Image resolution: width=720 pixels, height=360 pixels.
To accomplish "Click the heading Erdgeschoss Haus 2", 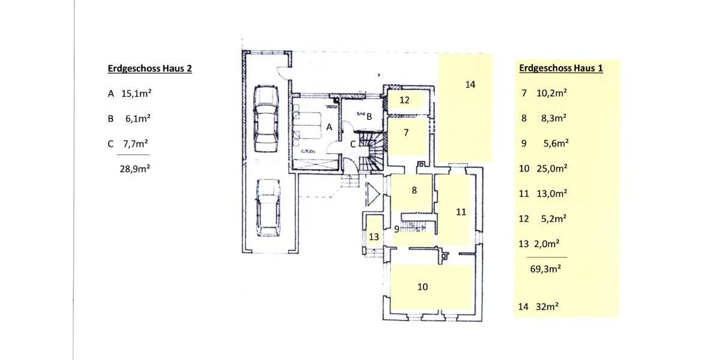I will point(149,68).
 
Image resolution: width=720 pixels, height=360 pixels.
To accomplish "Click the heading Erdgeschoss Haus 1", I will point(560,68).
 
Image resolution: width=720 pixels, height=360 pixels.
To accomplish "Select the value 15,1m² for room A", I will point(134,94).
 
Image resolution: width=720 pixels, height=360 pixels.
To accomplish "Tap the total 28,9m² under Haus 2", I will point(134,169).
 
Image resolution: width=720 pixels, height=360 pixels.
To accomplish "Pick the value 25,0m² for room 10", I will point(551,169).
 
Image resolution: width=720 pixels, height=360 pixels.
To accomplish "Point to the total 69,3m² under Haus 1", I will point(545,269).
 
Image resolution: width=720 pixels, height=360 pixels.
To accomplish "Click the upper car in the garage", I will point(265,119).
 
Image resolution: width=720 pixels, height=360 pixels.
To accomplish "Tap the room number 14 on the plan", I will point(470,85).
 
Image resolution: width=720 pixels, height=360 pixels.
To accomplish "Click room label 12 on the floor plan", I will point(404,100).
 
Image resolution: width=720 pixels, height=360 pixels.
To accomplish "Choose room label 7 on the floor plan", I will point(406,133).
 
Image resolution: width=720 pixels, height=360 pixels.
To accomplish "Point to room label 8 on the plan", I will point(414,190).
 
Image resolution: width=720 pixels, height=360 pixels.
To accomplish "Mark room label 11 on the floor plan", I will point(461,212).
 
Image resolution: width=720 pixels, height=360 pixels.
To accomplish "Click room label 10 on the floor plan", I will point(422,287).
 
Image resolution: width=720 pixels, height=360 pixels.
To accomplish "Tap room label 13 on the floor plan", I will point(374,237).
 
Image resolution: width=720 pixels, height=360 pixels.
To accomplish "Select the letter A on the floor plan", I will point(329,127).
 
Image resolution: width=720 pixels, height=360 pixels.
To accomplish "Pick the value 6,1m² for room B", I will point(137,119).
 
